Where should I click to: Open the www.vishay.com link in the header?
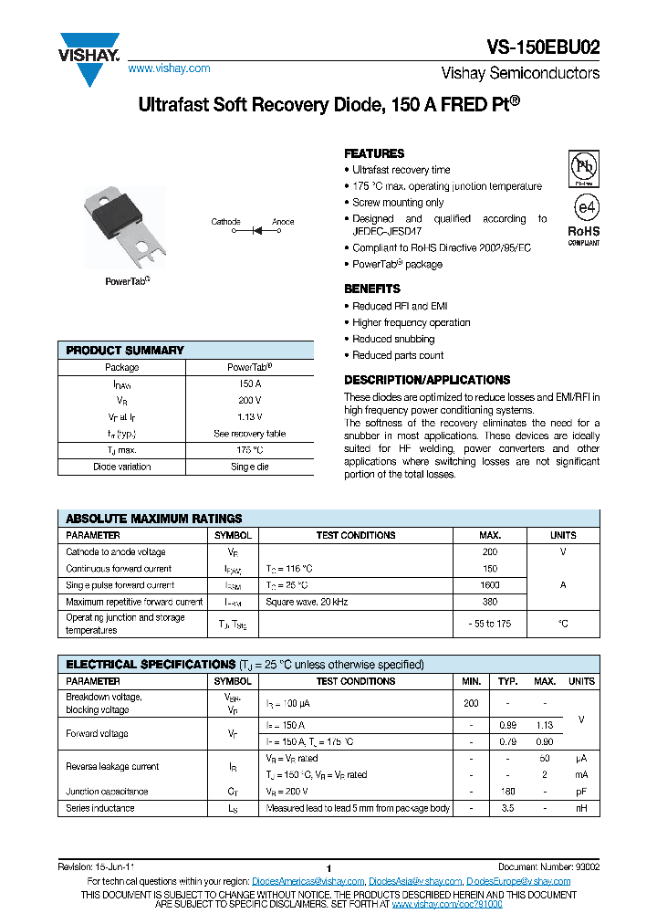(169, 68)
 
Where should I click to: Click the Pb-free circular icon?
(584, 167)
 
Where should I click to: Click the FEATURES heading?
(374, 153)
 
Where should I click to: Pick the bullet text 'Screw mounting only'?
(398, 203)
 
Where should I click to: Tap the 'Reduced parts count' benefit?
(398, 355)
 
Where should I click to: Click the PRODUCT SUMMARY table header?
(125, 351)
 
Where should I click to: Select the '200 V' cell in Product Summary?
(249, 401)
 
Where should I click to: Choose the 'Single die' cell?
(249, 467)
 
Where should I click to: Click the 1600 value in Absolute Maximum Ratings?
(489, 585)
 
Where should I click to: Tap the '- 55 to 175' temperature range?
(489, 624)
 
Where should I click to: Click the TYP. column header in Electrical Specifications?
(507, 681)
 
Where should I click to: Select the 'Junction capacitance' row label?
(107, 792)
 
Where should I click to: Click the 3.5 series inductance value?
(507, 808)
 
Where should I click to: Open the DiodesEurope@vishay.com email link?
(518, 881)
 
